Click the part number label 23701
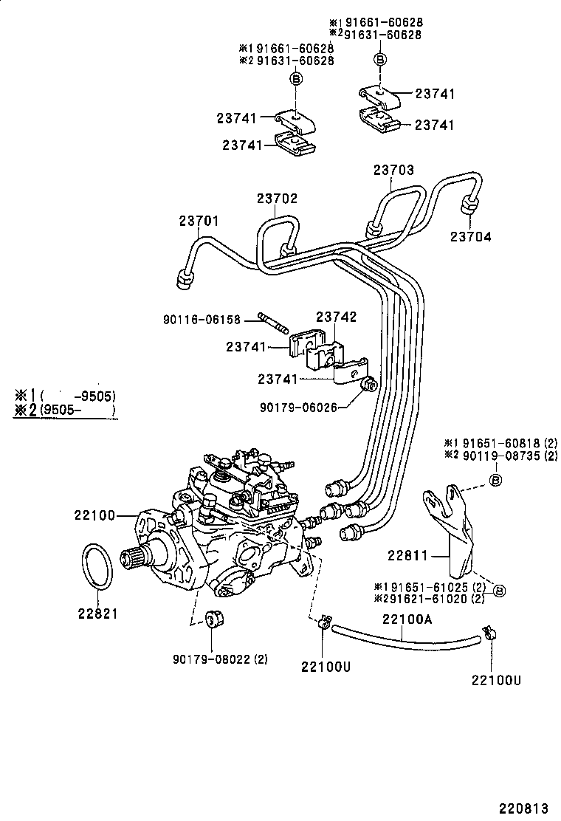pos(199,221)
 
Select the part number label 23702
pos(277,198)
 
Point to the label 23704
pos(470,237)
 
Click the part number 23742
pos(337,317)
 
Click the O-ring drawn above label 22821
pos(97,568)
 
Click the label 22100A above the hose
pos(406,619)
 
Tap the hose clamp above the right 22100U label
pos(488,633)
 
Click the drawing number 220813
pos(528,808)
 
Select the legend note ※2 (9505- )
pos(65,410)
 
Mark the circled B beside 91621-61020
pos(498,591)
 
